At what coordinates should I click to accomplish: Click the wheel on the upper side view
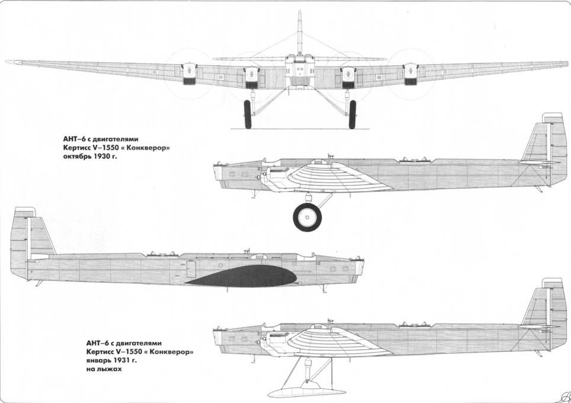coord(307,218)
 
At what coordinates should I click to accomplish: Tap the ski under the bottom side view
coord(307,391)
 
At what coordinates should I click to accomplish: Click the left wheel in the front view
coord(248,114)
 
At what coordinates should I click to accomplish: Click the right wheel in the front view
coord(352,114)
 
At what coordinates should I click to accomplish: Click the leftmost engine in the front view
coord(189,72)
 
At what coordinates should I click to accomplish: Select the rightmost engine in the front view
coord(410,72)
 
